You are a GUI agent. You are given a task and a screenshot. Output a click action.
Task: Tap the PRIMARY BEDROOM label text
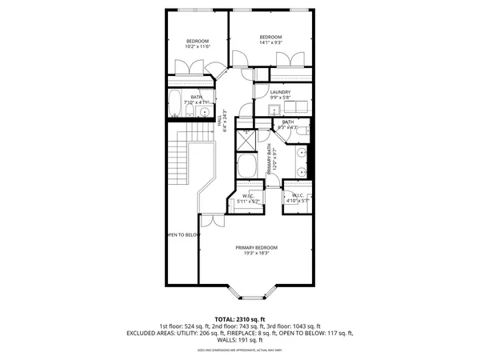pos(257,247)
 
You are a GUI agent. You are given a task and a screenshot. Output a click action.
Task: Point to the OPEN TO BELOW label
pos(182,235)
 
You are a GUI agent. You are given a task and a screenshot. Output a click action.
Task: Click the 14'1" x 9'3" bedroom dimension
pos(272,42)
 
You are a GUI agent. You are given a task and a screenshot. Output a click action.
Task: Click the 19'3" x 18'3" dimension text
pos(257,254)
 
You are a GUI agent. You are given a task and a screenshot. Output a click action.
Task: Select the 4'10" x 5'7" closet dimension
pos(296,200)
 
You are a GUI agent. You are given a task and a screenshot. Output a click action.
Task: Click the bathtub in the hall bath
pos(177,102)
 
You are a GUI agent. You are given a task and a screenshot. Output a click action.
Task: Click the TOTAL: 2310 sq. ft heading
pos(240,319)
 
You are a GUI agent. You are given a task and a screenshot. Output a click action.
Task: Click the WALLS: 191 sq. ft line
pos(240,339)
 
